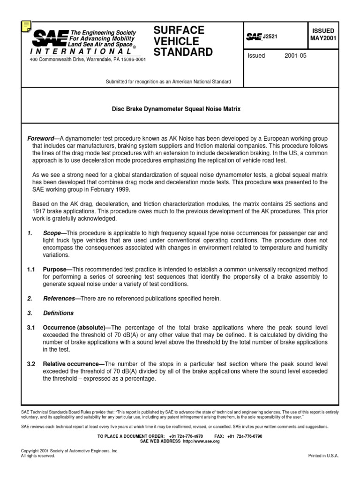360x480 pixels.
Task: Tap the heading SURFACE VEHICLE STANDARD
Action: point(183,41)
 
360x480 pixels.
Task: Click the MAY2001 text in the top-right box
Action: point(322,38)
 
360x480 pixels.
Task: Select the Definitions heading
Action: point(58,313)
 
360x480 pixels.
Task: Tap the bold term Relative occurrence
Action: point(74,364)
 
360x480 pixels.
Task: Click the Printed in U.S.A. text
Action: point(323,456)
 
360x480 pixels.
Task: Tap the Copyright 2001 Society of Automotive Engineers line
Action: point(70,450)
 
